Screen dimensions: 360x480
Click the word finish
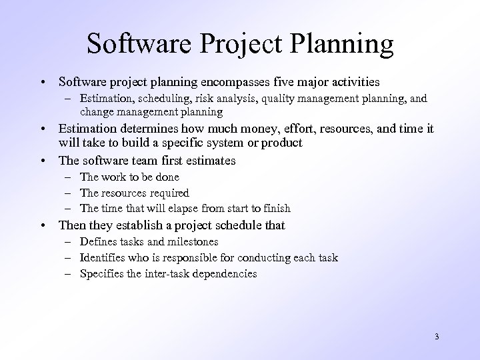click(x=275, y=209)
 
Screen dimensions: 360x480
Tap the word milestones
click(x=193, y=242)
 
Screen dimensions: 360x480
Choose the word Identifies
click(x=102, y=258)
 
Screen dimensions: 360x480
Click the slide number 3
click(x=436, y=336)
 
